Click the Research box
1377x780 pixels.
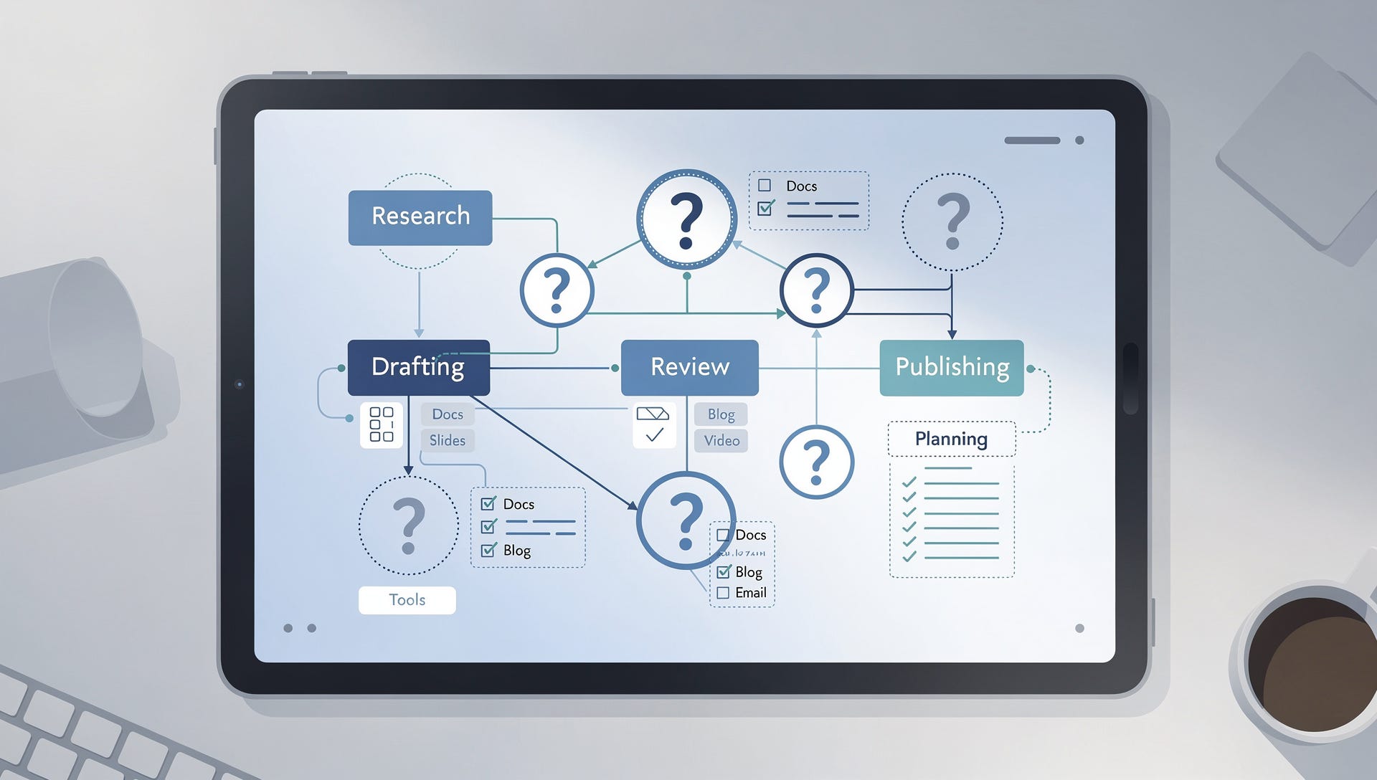pyautogui.click(x=420, y=217)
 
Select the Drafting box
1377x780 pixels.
pyautogui.click(x=419, y=367)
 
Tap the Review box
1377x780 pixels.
pyautogui.click(x=689, y=367)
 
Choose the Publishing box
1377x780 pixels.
pyautogui.click(x=952, y=367)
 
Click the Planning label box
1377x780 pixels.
pyautogui.click(x=952, y=439)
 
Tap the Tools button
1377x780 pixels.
pyautogui.click(x=407, y=600)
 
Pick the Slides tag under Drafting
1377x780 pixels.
pyautogui.click(x=448, y=440)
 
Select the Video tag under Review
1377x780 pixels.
pyautogui.click(x=721, y=440)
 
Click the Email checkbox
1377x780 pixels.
pyautogui.click(x=723, y=593)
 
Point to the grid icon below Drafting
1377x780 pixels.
pyautogui.click(x=381, y=424)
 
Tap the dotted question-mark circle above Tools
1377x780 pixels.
pyautogui.click(x=408, y=525)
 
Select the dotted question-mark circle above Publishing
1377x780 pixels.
pyautogui.click(x=952, y=222)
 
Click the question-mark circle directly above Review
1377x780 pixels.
pyautogui.click(x=686, y=219)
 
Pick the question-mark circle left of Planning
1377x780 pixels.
pyautogui.click(x=816, y=462)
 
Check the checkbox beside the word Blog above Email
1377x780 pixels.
pyautogui.click(x=724, y=572)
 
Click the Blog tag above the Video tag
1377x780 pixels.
pyautogui.click(x=721, y=414)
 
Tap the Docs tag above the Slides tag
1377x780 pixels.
pyautogui.click(x=448, y=414)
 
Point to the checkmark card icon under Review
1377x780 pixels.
pyautogui.click(x=653, y=424)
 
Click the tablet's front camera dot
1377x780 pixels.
pyautogui.click(x=240, y=384)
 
